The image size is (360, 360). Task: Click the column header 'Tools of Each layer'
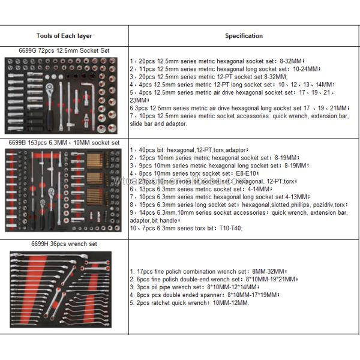click(x=64, y=36)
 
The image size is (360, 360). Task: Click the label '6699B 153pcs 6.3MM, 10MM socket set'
click(x=64, y=143)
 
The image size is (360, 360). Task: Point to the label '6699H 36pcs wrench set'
click(x=64, y=244)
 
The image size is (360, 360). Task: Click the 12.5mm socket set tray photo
click(x=64, y=94)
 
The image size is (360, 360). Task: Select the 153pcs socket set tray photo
click(x=64, y=191)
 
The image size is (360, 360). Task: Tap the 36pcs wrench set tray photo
click(x=64, y=290)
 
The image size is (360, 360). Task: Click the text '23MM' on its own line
click(x=139, y=100)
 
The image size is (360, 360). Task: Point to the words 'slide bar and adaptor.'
click(x=158, y=124)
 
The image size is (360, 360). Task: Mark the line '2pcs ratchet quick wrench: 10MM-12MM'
click(x=189, y=303)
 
